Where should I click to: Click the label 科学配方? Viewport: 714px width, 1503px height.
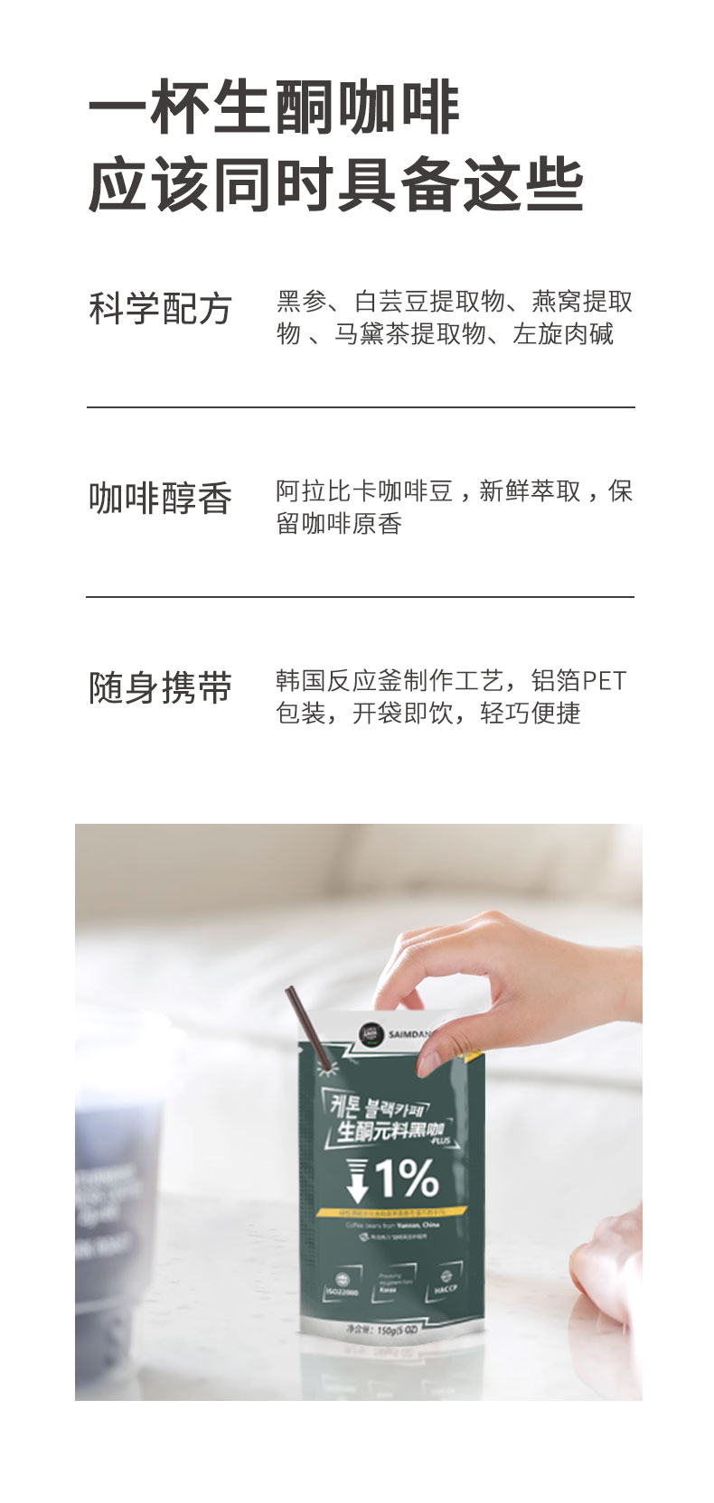point(160,310)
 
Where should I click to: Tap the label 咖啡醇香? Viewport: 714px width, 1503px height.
point(160,499)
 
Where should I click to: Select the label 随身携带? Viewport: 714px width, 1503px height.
point(160,688)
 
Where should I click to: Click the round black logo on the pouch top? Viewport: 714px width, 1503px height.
point(370,1033)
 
